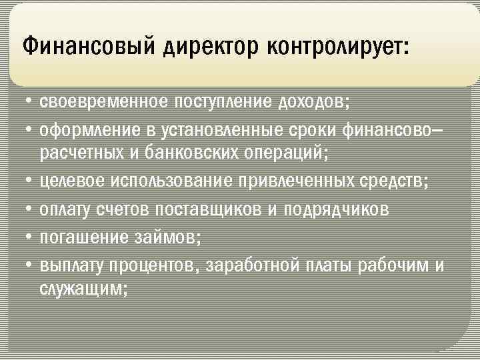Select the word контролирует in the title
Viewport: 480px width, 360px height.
click(339, 47)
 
